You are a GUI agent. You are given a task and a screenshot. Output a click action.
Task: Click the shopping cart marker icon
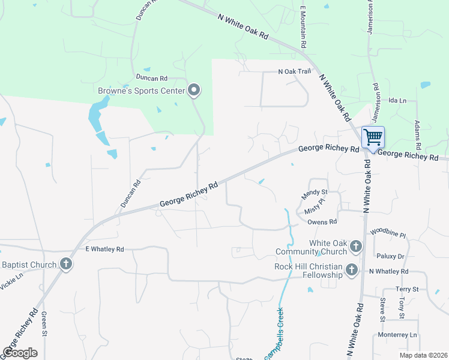pyautogui.click(x=373, y=137)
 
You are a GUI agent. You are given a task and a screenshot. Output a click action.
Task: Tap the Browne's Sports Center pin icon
pyautogui.click(x=194, y=91)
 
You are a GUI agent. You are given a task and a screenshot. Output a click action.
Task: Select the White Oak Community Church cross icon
pyautogui.click(x=355, y=246)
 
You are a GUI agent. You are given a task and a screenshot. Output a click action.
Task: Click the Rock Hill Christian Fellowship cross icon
pyautogui.click(x=351, y=271)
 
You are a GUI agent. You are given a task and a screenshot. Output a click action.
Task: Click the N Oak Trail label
pyautogui.click(x=295, y=71)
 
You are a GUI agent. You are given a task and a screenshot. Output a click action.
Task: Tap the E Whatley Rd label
pyautogui.click(x=104, y=249)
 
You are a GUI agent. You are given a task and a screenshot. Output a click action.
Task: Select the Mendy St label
pyautogui.click(x=314, y=193)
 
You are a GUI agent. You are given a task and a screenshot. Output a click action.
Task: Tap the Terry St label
pyautogui.click(x=407, y=289)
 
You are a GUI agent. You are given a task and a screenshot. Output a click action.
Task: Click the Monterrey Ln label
pyautogui.click(x=397, y=334)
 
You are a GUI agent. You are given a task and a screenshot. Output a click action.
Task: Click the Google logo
pyautogui.click(x=20, y=353)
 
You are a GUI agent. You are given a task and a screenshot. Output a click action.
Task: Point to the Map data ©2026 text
pyautogui.click(x=423, y=355)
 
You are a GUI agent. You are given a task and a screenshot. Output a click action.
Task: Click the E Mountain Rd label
pyautogui.click(x=304, y=28)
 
